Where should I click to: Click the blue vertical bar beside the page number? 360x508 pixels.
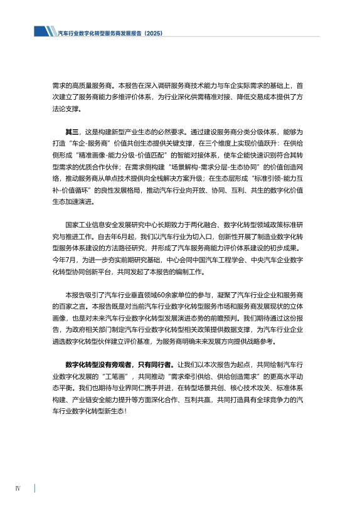tap(34, 488)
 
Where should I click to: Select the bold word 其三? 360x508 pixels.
tap(73, 132)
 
